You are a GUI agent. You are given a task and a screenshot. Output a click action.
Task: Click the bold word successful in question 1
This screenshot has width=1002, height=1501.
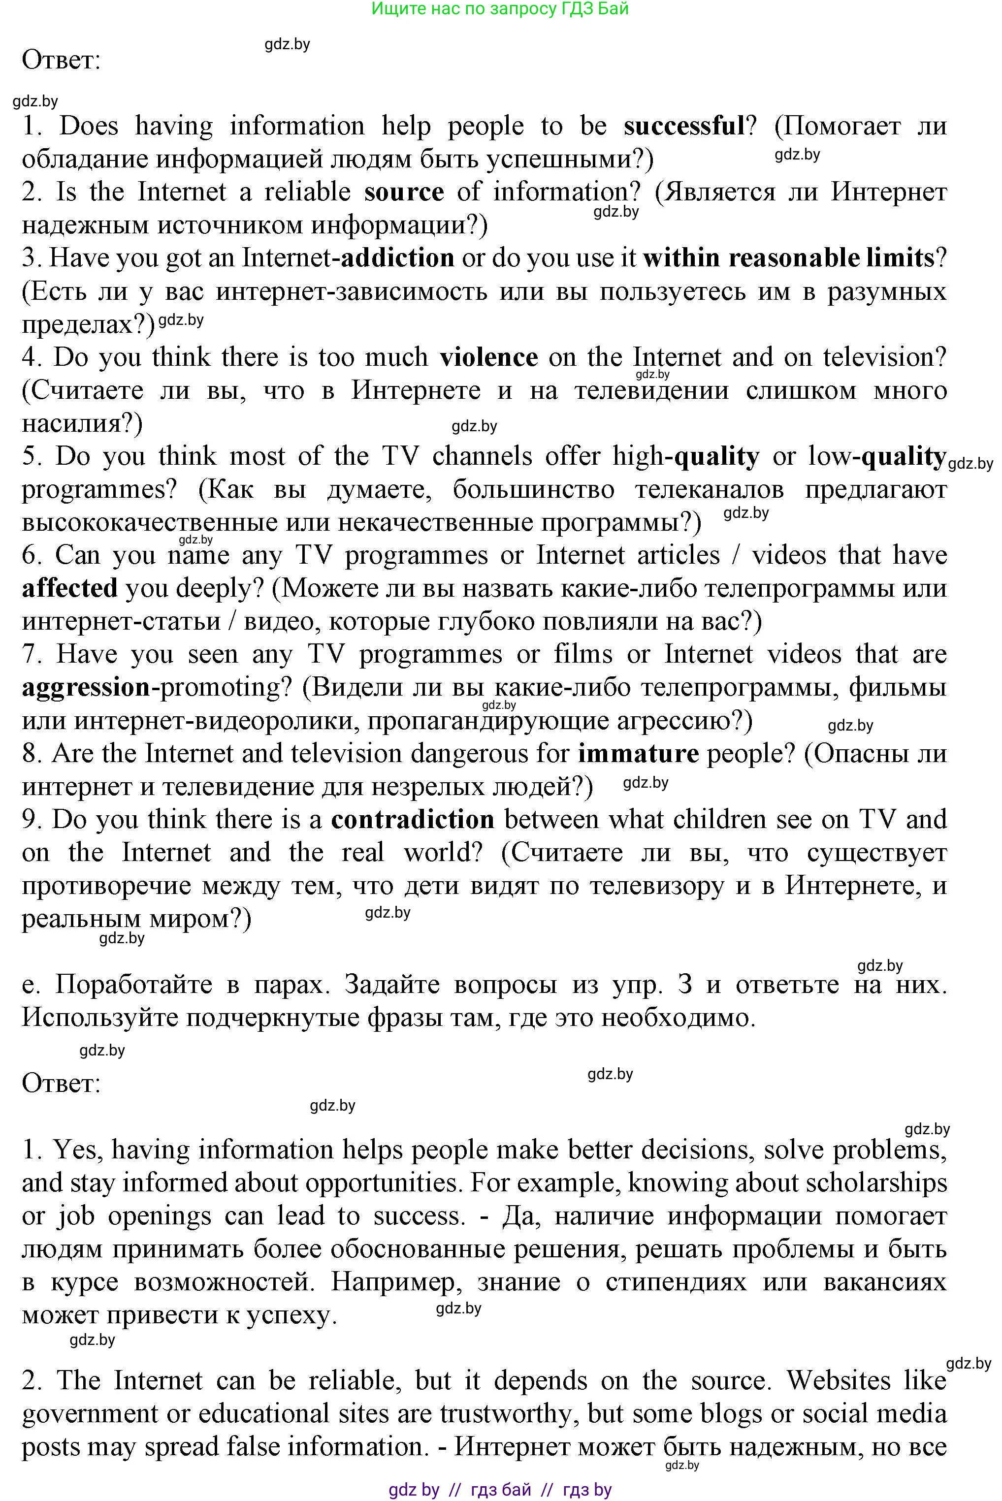[x=684, y=126]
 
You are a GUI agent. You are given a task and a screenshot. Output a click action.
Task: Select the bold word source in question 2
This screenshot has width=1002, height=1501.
[x=404, y=192]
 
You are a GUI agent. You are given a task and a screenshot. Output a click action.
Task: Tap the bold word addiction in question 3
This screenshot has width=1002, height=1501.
[x=397, y=258]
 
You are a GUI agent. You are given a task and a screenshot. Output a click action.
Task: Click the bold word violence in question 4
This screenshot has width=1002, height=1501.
[x=489, y=357]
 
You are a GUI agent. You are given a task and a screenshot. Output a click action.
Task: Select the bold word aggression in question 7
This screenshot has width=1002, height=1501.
[x=86, y=687]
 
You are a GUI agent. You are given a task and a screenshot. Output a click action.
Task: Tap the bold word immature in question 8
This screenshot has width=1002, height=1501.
[x=639, y=754]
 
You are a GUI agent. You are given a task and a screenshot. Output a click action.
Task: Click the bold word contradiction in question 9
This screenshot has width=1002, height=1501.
[x=413, y=820]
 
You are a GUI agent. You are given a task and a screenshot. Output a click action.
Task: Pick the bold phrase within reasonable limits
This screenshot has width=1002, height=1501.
[x=789, y=258]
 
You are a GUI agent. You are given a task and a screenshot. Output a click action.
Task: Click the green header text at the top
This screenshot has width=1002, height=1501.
[x=500, y=9]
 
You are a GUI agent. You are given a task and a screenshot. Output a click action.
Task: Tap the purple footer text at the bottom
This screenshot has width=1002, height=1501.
[x=500, y=1490]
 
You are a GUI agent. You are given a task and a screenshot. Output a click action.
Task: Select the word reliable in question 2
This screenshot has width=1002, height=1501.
[x=307, y=192]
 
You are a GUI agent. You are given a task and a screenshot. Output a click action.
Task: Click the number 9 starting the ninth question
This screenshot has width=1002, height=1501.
[x=30, y=820]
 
